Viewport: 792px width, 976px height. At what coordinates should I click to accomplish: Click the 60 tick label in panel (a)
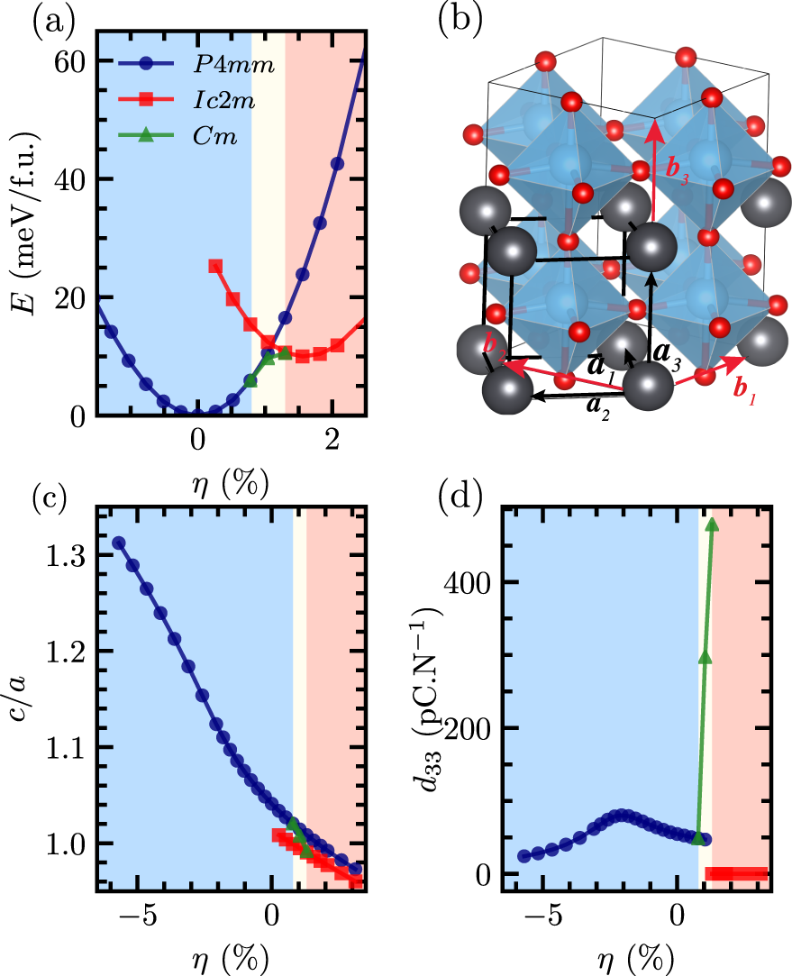pyautogui.click(x=73, y=61)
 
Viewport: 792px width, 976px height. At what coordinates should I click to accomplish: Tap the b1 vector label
pyautogui.click(x=745, y=390)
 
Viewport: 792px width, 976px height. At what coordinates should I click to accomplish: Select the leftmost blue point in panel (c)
pyautogui.click(x=118, y=543)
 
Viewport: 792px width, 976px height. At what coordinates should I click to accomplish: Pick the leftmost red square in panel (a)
pyautogui.click(x=215, y=266)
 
